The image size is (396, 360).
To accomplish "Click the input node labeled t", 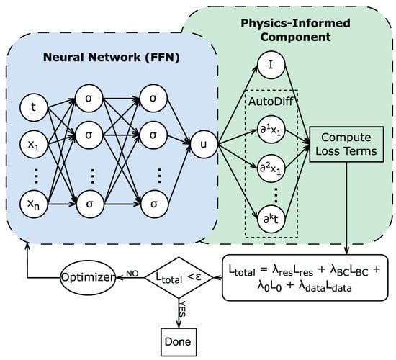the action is point(34,107).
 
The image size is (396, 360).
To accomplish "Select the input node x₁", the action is point(34,145).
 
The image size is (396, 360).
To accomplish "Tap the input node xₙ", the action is point(34,204).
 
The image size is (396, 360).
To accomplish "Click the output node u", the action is point(204,145).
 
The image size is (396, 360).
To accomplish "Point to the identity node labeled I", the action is point(271,65).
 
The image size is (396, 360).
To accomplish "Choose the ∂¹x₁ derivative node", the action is point(271,131).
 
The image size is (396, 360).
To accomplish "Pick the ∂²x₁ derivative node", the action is point(271,168).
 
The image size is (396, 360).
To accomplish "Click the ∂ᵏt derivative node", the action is point(271,220).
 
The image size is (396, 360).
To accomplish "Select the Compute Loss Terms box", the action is point(346,144).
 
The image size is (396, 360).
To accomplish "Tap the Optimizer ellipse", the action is point(87,278).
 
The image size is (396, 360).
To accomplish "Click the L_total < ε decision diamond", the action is point(179,278).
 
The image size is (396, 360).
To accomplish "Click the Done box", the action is point(179,342).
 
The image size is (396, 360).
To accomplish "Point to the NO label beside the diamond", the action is point(132,274).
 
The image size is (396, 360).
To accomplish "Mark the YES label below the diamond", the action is point(182,309).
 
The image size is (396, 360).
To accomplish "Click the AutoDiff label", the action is point(271,102).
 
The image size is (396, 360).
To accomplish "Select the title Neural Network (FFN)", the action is point(112,58).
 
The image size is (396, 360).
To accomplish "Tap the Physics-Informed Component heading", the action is point(295,30).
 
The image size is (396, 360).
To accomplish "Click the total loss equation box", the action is point(305,278).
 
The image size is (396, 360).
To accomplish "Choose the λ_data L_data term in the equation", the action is point(325,287).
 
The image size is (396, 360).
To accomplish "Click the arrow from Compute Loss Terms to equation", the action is point(346,208).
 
